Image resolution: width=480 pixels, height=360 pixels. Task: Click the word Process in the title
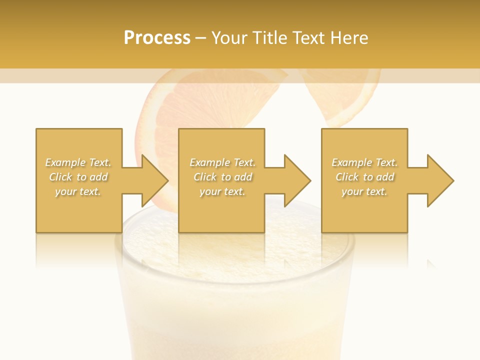157,38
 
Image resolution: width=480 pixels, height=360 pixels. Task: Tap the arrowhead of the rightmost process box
439,180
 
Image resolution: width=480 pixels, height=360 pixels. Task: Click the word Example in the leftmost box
65,162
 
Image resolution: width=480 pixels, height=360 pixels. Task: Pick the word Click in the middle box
205,177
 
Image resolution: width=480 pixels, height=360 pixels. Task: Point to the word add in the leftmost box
99,177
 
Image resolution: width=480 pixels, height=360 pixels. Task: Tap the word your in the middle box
209,191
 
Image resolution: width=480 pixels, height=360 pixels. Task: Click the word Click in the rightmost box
347,177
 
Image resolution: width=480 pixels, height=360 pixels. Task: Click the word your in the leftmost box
65,191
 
